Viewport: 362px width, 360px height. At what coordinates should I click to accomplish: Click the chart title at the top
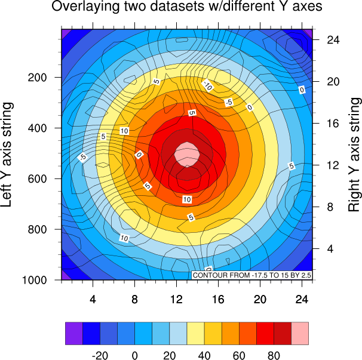click(x=187, y=7)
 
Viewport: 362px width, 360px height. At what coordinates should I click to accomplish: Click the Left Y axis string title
click(x=8, y=154)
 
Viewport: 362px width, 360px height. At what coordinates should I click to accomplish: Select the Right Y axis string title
click(x=354, y=154)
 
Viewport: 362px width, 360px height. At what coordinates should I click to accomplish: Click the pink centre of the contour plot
click(x=187, y=154)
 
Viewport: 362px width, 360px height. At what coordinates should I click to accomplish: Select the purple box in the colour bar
click(x=73, y=334)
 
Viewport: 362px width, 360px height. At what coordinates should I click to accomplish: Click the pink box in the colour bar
click(x=300, y=334)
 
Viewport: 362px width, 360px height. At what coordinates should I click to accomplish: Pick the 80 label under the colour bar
click(x=274, y=354)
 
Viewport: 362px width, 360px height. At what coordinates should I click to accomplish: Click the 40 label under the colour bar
click(x=204, y=354)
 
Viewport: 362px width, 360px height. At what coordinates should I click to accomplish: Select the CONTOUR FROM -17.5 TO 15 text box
click(x=253, y=275)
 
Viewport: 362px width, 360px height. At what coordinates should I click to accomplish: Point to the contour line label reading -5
click(x=228, y=103)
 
